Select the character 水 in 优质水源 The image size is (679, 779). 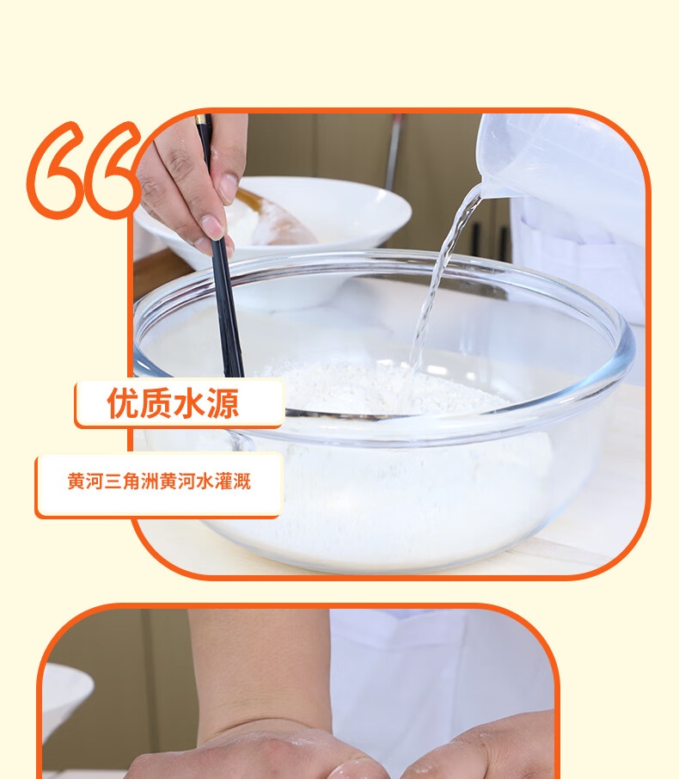190,403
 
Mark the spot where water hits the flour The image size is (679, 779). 415,370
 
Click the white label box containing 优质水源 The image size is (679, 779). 180,403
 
